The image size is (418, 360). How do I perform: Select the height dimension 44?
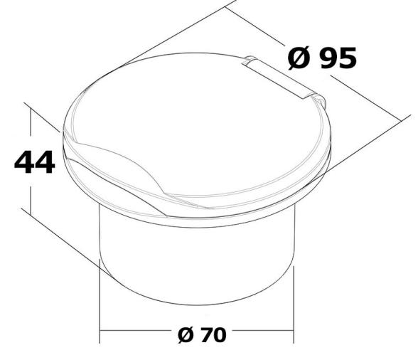[34, 162]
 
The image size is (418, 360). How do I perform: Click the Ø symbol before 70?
[181, 334]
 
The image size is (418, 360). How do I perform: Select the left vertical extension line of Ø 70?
[100, 306]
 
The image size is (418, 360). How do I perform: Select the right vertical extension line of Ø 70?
[293, 306]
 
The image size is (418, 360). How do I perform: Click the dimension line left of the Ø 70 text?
[135, 332]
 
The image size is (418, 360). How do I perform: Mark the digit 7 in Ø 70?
[203, 334]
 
